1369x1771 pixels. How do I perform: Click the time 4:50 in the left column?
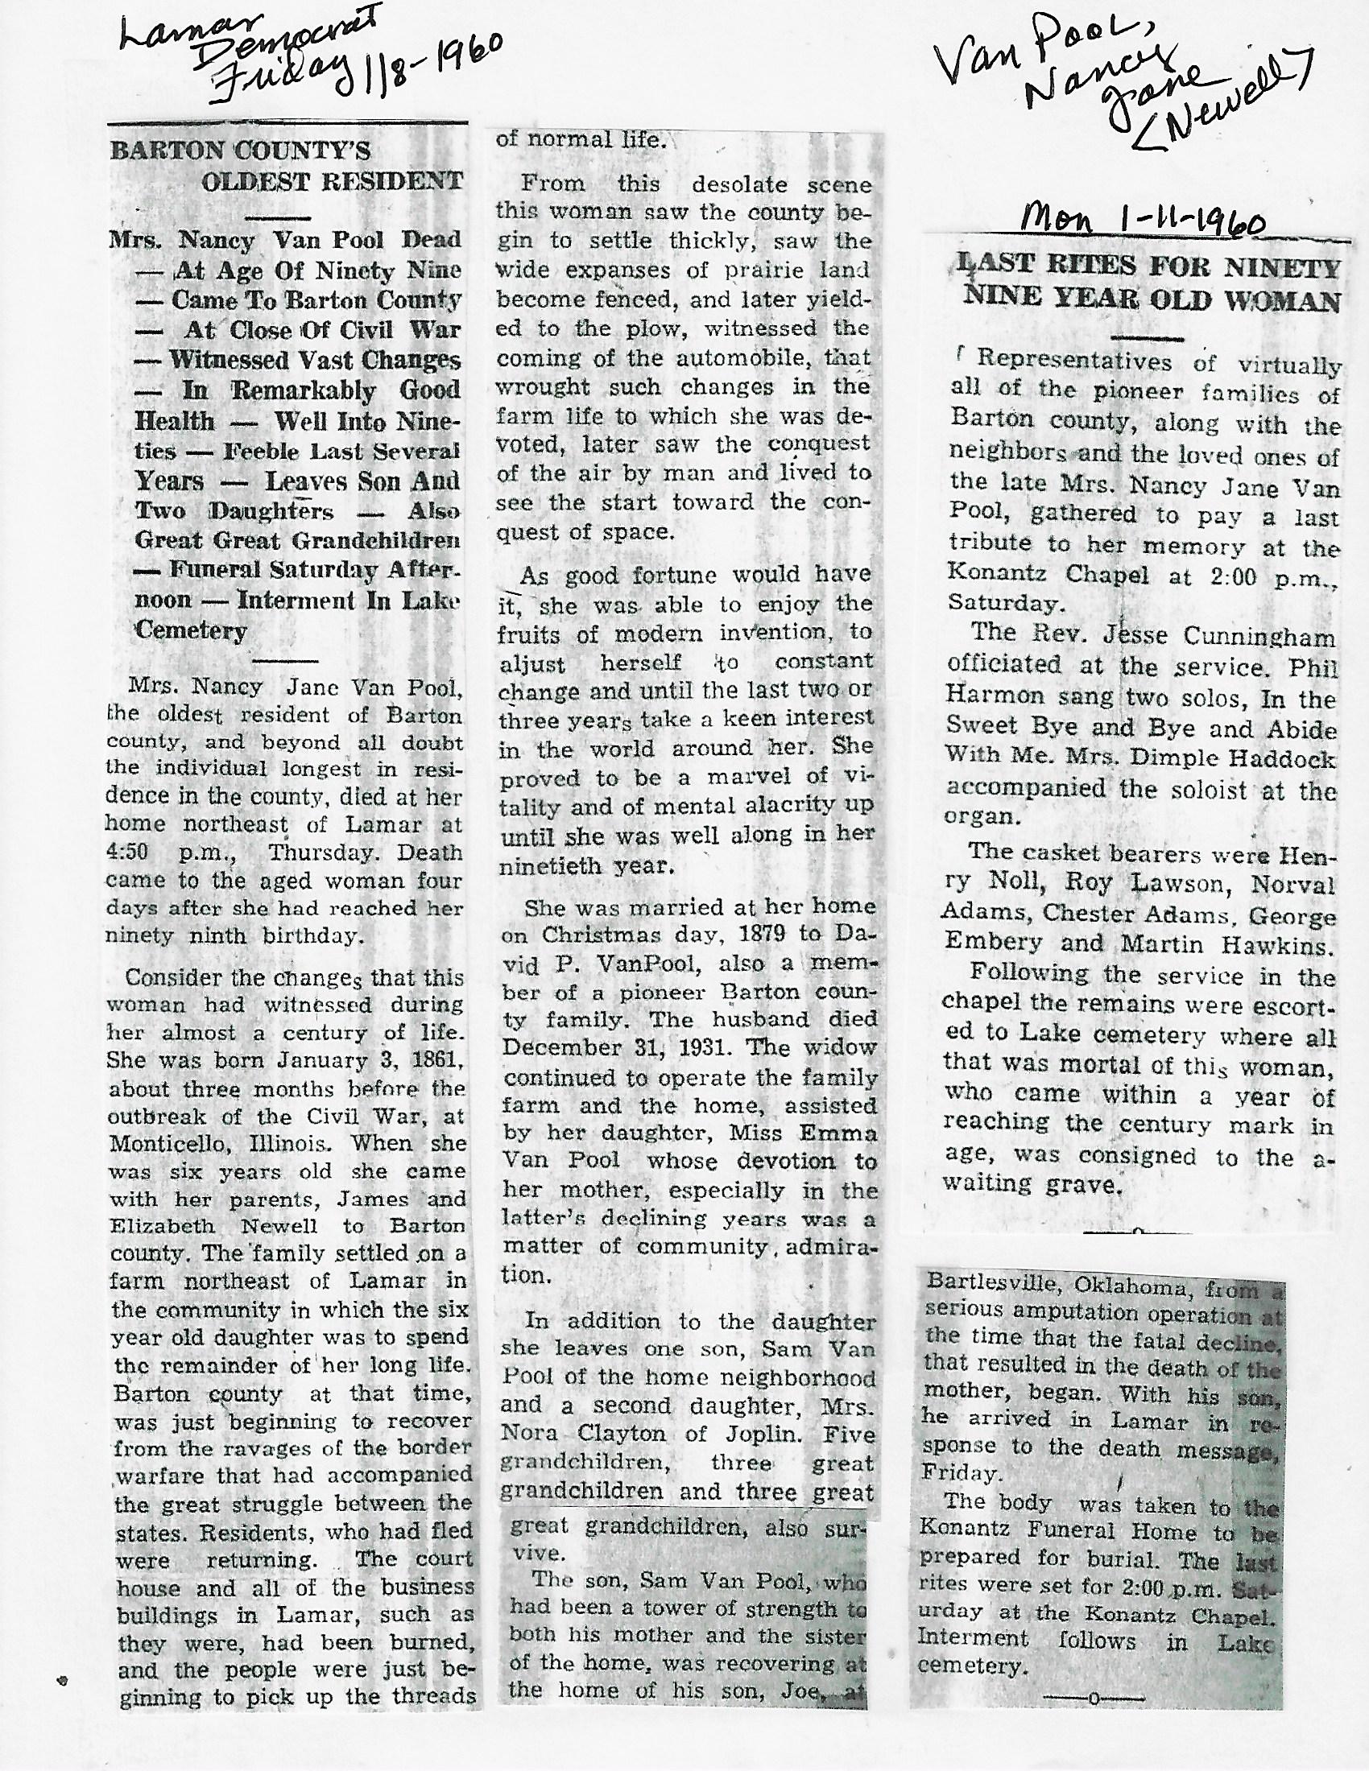130,853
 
